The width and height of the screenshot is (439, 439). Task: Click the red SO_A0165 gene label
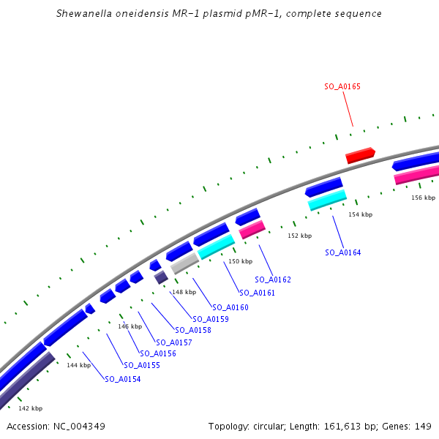(342, 86)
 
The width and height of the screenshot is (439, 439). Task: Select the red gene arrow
(360, 155)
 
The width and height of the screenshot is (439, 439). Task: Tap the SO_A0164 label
(342, 252)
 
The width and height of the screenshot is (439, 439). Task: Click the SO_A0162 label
(273, 279)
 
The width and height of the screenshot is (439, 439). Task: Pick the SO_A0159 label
(211, 319)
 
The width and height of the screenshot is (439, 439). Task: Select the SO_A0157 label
(174, 342)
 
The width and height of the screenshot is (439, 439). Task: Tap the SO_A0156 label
(158, 353)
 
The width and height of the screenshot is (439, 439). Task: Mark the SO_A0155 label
(142, 365)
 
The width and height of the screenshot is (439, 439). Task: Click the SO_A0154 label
(123, 379)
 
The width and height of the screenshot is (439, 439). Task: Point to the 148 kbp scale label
(184, 292)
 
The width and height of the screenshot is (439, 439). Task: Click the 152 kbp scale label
(299, 236)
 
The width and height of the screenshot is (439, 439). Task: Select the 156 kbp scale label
(423, 198)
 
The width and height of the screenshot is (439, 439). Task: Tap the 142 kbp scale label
(30, 408)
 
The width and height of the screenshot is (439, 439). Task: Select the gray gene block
(185, 263)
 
